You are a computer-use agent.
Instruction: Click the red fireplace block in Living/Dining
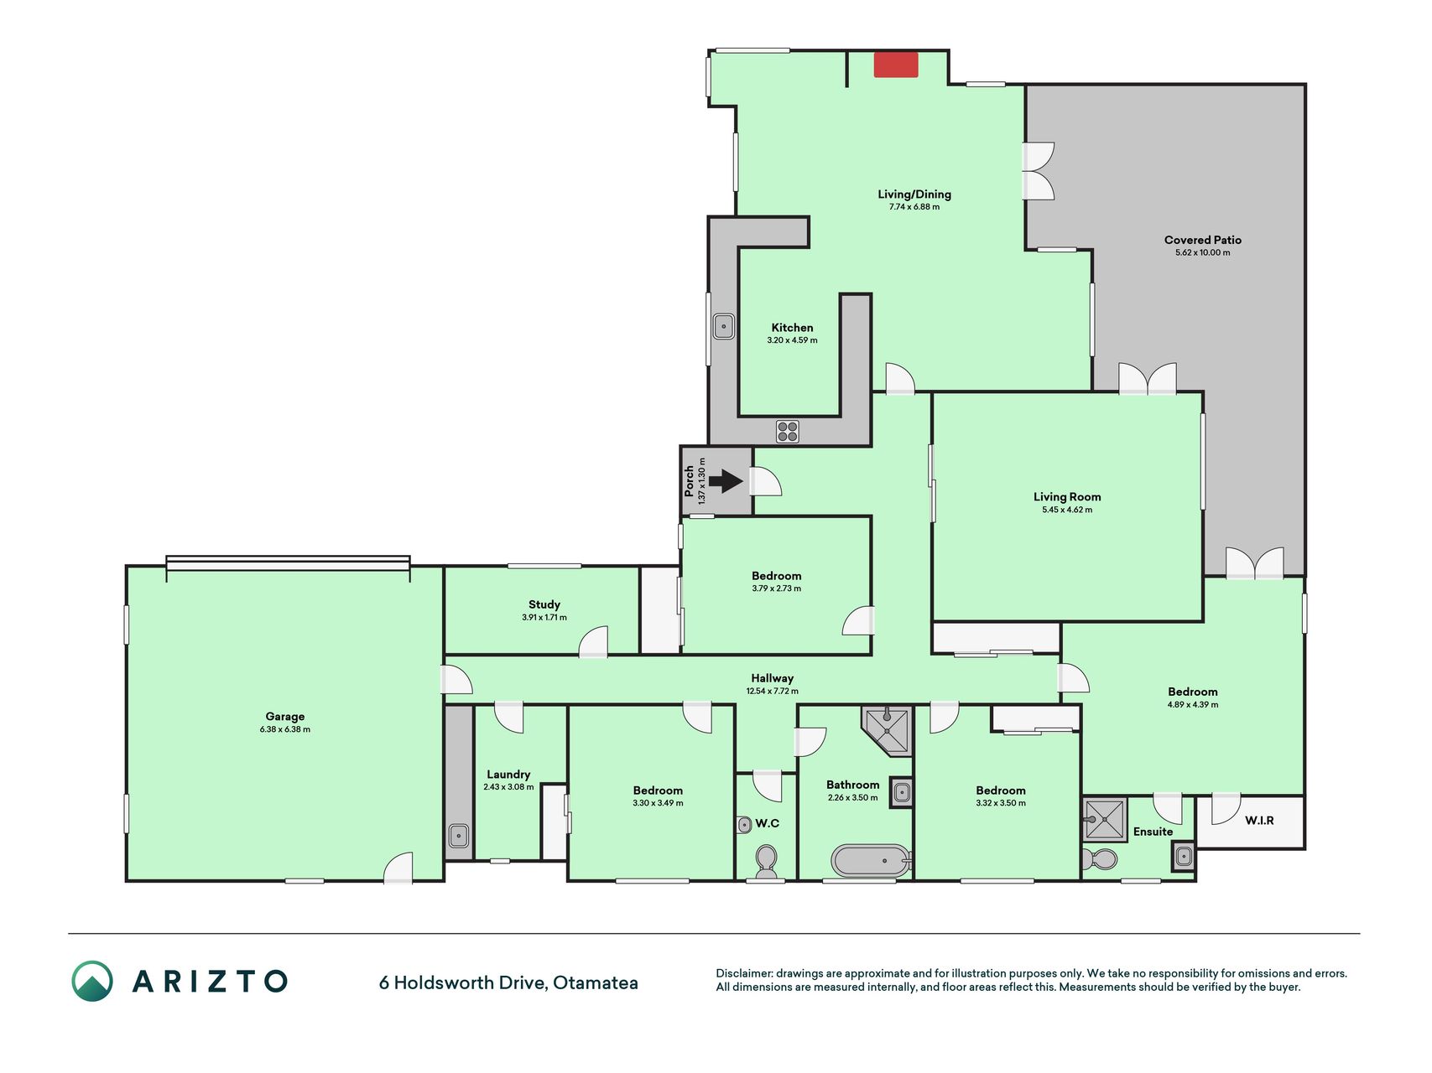(x=896, y=65)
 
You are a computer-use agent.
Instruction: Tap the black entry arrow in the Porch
(x=726, y=481)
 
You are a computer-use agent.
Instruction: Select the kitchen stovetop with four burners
(x=788, y=432)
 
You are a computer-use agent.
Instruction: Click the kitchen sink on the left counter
(x=723, y=326)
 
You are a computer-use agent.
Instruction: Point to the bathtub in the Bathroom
(x=871, y=860)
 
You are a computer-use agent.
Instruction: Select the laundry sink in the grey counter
(x=459, y=835)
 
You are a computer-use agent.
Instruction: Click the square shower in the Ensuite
(x=1104, y=819)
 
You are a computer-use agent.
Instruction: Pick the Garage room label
(x=285, y=717)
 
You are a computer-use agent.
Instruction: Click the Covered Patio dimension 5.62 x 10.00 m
(x=1202, y=252)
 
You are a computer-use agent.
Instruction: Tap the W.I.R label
(x=1259, y=821)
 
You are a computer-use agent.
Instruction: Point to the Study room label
(x=544, y=604)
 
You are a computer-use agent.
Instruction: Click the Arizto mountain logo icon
(x=92, y=981)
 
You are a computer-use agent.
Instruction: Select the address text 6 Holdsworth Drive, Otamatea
(x=508, y=982)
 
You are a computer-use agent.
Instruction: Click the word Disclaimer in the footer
(x=743, y=973)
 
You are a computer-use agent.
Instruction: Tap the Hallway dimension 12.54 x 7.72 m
(x=772, y=692)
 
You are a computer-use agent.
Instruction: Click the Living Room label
(x=1067, y=497)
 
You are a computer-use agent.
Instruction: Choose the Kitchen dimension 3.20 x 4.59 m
(x=792, y=340)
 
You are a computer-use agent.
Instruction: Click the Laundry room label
(x=508, y=775)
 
